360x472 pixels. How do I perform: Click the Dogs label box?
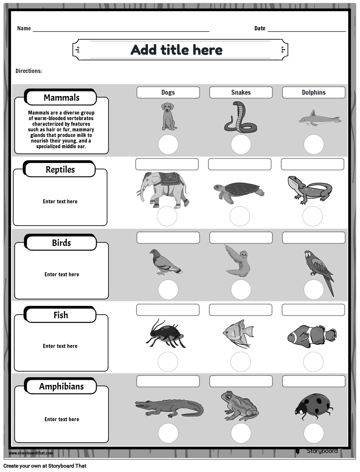(168, 92)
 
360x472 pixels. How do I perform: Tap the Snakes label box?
(241, 92)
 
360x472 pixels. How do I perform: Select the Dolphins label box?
(313, 92)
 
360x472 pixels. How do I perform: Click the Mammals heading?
(61, 98)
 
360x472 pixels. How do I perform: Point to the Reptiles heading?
(60, 170)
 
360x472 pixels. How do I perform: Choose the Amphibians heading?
(61, 387)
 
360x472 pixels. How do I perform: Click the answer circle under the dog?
(168, 145)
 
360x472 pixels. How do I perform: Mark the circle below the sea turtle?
(240, 217)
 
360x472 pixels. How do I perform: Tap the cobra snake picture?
(240, 118)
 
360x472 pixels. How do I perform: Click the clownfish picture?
(311, 336)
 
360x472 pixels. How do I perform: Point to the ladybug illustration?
(313, 407)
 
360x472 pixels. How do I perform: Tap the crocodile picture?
(169, 407)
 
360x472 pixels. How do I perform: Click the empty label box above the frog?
(241, 381)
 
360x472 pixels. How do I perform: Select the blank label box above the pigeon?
(168, 238)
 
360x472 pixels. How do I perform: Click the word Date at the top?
(260, 28)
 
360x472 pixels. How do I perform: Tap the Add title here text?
(177, 50)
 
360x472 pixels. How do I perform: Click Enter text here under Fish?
(60, 346)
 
